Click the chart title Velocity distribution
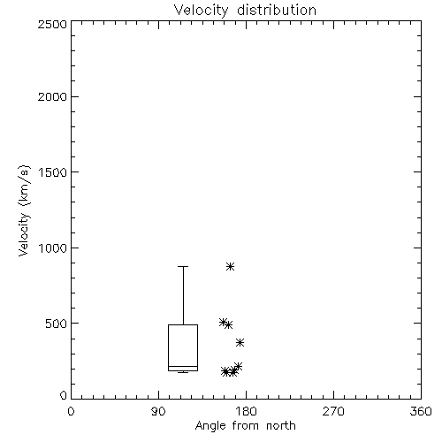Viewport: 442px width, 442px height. point(245,11)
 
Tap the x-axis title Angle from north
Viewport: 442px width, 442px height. point(246,426)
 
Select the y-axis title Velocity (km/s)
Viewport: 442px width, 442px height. point(24,210)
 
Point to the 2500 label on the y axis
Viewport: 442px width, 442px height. point(52,24)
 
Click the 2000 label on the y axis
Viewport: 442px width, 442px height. point(52,96)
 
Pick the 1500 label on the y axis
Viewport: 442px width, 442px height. point(53,172)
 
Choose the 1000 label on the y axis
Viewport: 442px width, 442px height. point(53,248)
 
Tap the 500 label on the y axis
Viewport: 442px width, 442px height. point(57,324)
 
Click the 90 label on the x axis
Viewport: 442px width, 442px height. point(158,411)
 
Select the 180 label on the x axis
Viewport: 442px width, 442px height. point(246,411)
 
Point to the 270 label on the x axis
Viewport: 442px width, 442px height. point(333,411)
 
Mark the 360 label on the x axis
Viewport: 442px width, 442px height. point(421,411)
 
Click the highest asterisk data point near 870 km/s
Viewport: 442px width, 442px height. point(230,267)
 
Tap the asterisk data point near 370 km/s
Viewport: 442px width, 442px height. point(240,342)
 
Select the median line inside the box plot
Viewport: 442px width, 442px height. point(183,366)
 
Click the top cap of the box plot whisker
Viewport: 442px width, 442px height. point(183,266)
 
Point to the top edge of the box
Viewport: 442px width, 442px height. point(183,324)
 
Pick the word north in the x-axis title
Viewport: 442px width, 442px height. point(281,425)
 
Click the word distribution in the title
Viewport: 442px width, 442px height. point(277,11)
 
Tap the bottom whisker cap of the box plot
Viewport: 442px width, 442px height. point(183,372)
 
